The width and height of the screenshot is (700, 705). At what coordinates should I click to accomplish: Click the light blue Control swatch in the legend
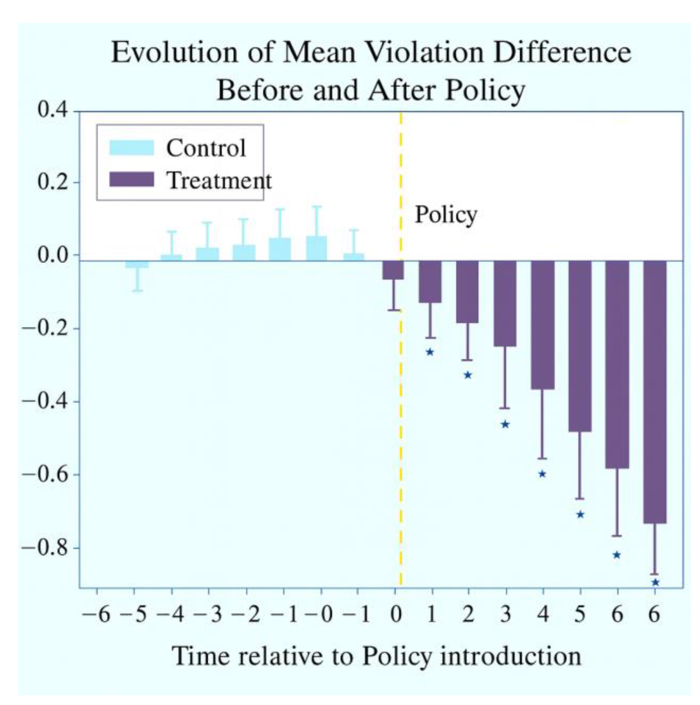click(x=131, y=148)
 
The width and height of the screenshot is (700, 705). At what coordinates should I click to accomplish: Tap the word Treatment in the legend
click(x=219, y=180)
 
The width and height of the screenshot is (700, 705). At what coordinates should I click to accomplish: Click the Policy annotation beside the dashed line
click(x=446, y=215)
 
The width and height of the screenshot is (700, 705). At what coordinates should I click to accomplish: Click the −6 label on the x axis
click(x=96, y=614)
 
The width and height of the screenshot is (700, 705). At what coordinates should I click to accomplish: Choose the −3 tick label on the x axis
click(x=208, y=614)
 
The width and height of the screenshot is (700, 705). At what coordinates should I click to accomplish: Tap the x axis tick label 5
click(x=580, y=614)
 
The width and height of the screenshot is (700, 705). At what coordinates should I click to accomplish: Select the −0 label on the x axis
click(x=320, y=614)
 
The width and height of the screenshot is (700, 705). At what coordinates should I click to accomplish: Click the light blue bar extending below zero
click(x=137, y=264)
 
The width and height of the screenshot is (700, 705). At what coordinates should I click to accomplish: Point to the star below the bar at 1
click(x=430, y=352)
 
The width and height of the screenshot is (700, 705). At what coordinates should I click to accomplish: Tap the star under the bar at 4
click(x=542, y=474)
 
